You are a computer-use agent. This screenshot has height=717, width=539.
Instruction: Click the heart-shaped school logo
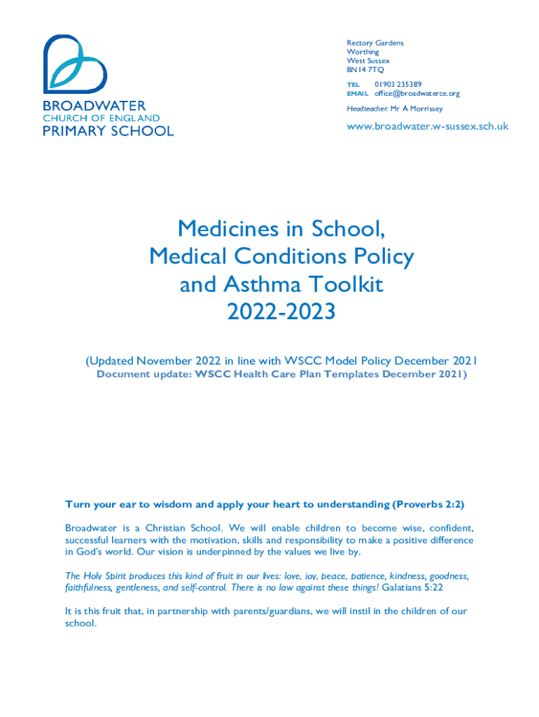click(x=75, y=64)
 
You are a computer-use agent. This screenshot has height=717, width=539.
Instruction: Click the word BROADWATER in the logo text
click(x=94, y=106)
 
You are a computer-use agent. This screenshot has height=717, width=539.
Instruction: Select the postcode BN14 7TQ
click(x=365, y=70)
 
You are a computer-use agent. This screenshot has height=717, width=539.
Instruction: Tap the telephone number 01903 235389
click(x=398, y=84)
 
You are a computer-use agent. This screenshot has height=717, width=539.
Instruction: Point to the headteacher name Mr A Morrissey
click(x=416, y=109)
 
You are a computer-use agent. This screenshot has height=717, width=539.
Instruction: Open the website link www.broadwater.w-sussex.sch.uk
click(x=428, y=127)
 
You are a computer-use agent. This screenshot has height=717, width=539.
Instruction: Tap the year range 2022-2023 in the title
click(x=281, y=312)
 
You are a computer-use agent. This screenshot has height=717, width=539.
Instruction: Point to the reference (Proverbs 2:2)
click(x=428, y=504)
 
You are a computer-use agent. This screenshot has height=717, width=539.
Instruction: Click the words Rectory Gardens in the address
click(x=375, y=43)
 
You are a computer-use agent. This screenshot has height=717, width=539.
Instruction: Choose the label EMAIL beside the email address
click(x=358, y=94)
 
